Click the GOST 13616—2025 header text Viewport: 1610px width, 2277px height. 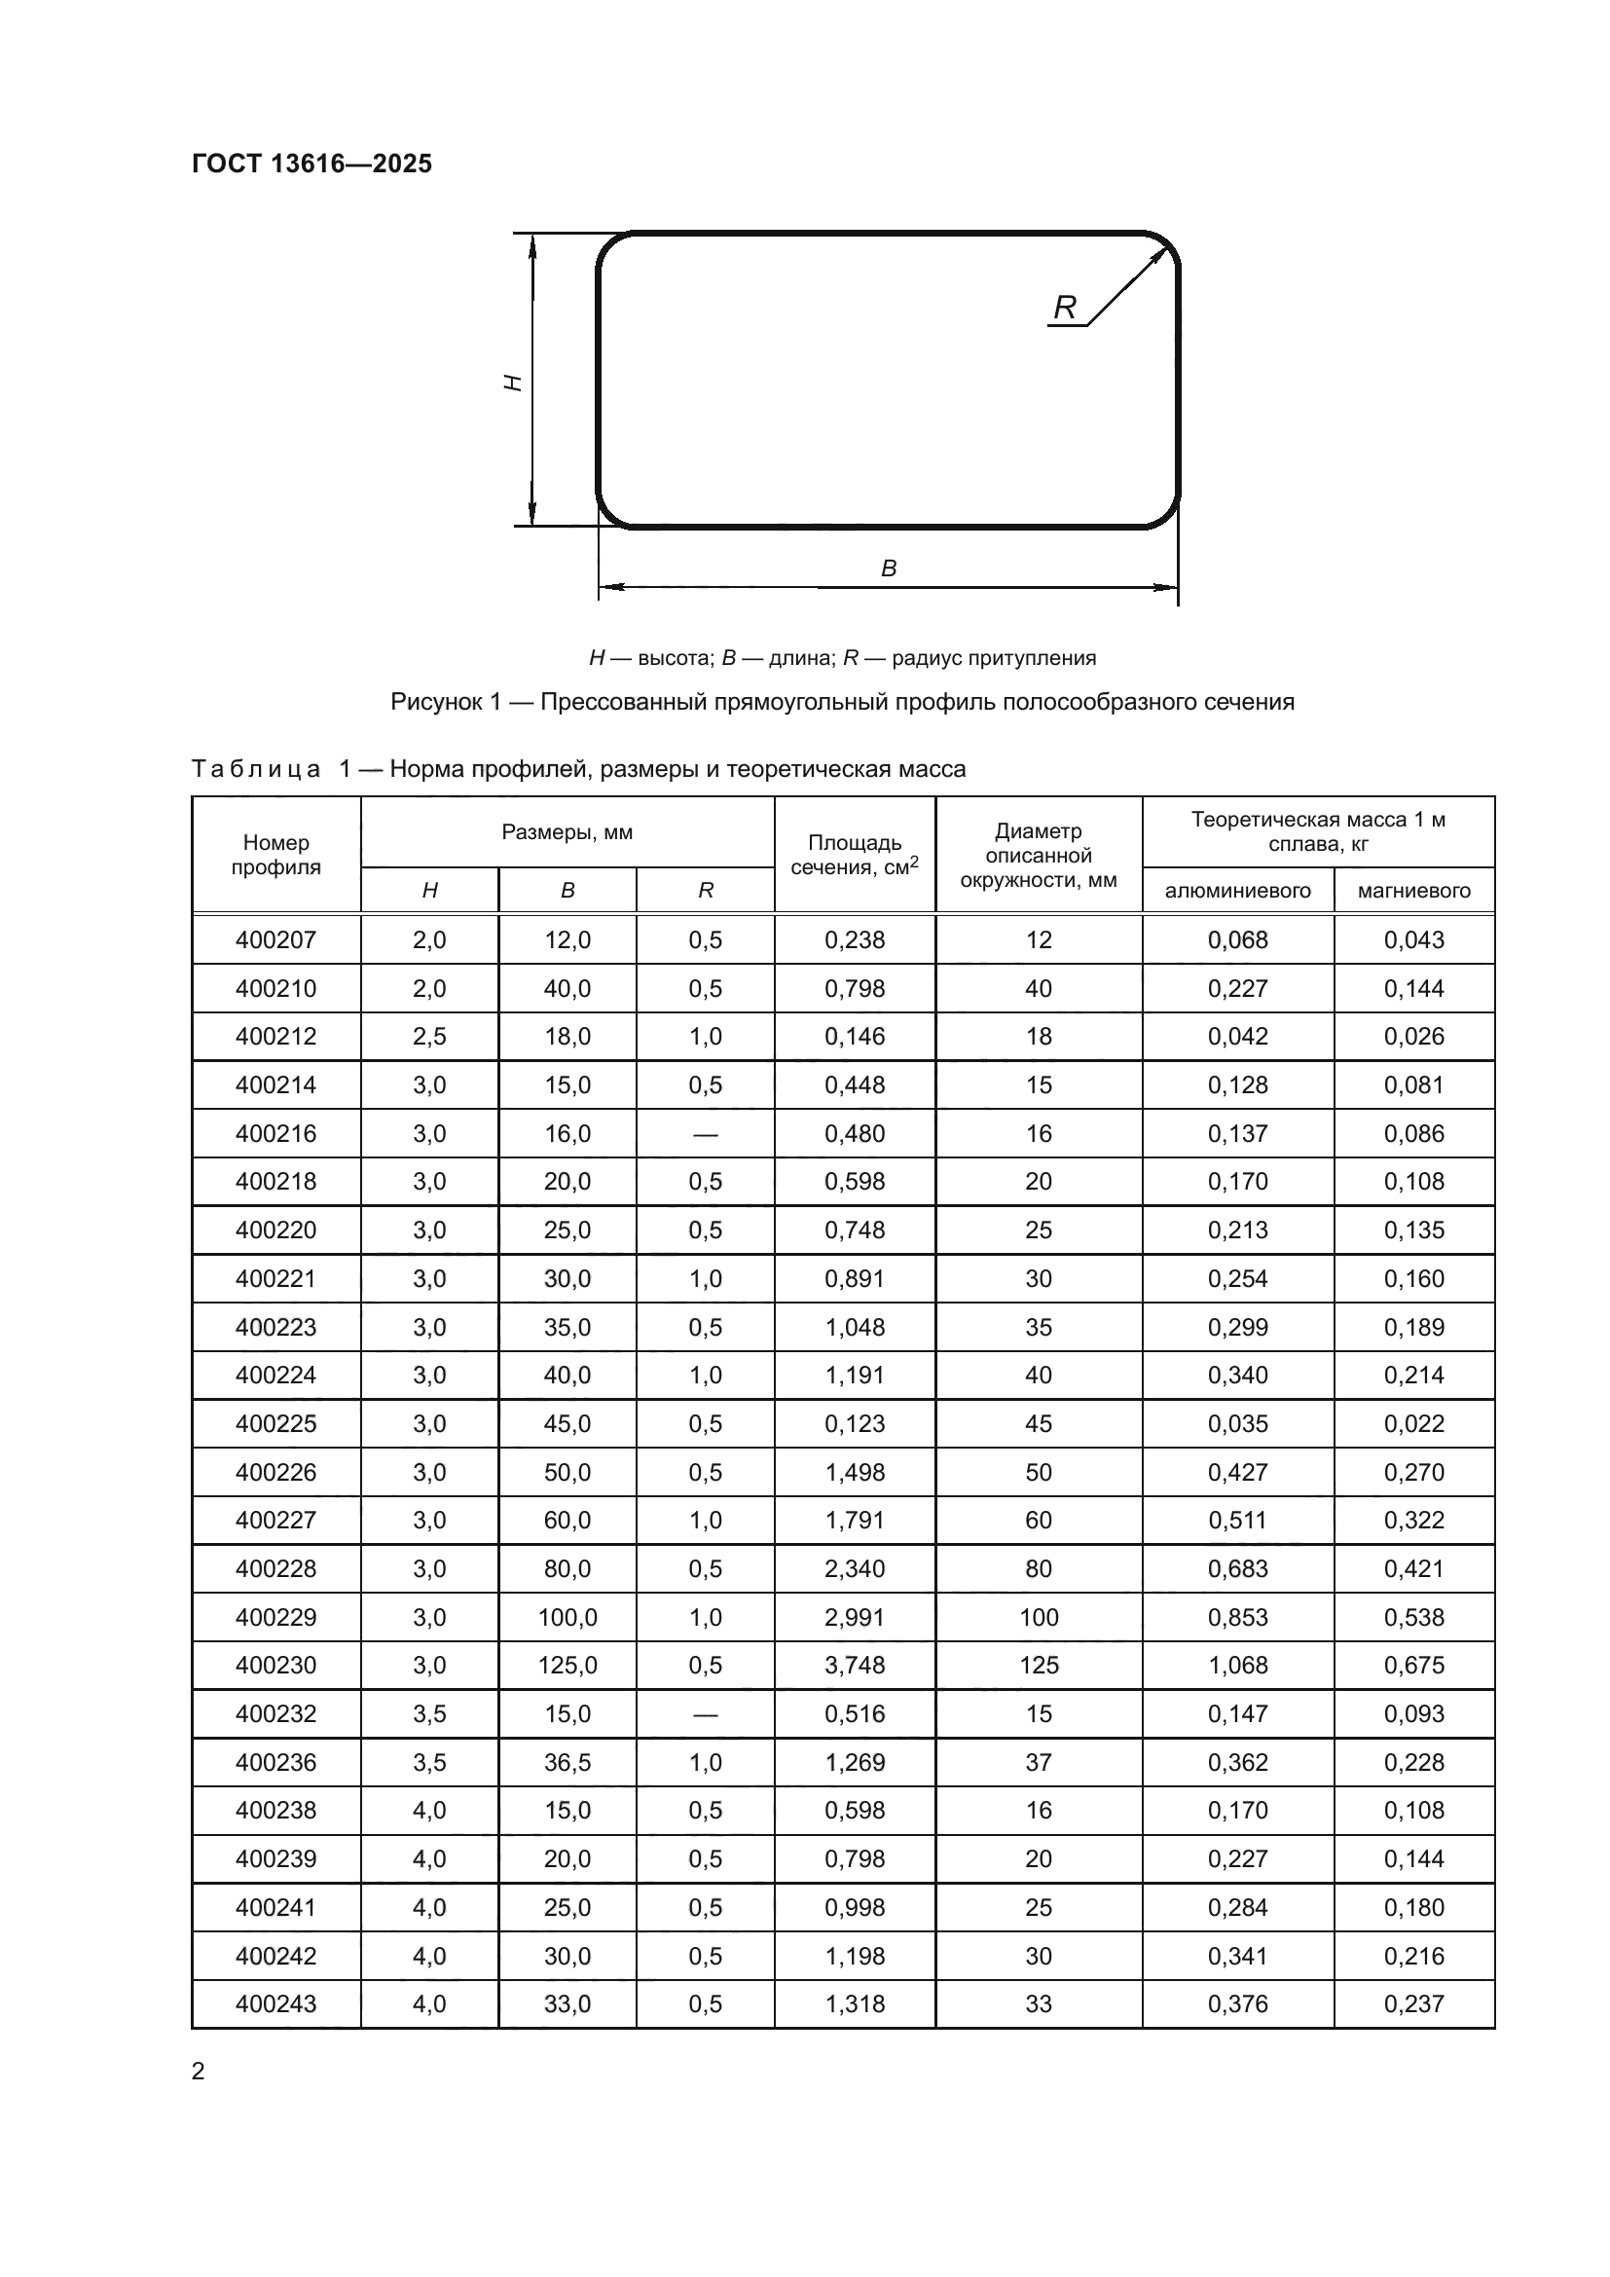(x=311, y=164)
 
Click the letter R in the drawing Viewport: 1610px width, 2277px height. (x=1064, y=308)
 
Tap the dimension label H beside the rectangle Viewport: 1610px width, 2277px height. (x=514, y=382)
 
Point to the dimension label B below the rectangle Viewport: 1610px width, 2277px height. (x=889, y=569)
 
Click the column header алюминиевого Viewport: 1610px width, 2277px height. (x=1237, y=891)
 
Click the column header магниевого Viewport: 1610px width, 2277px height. (x=1413, y=891)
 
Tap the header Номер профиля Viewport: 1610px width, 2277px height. (x=275, y=855)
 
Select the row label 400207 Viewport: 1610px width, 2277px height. (x=275, y=939)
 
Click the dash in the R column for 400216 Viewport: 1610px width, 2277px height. (x=705, y=1133)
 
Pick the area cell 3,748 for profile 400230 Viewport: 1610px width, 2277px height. (x=855, y=1665)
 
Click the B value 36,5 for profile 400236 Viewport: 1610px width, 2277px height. (x=567, y=1762)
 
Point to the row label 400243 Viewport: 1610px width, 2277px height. (x=275, y=2003)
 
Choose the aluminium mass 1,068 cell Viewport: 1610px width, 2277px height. (x=1237, y=1665)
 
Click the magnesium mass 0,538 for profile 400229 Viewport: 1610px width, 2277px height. (x=1413, y=1618)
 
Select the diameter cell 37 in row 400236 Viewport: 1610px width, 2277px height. (x=1038, y=1762)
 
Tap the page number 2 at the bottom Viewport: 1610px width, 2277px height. (x=199, y=2071)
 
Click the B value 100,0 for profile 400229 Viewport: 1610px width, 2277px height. (x=567, y=1618)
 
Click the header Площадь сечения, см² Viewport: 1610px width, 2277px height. (x=855, y=855)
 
